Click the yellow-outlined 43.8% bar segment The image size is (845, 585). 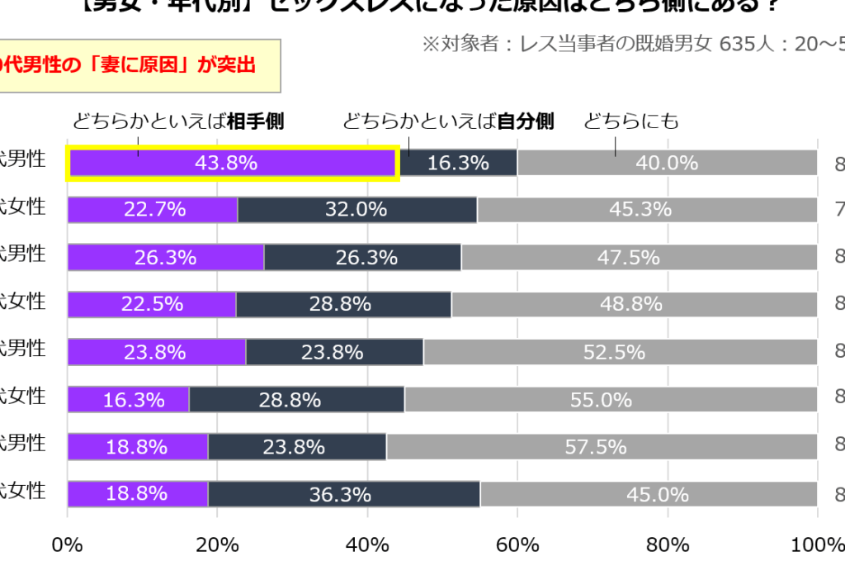(x=233, y=163)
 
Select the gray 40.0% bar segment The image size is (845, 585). (x=667, y=163)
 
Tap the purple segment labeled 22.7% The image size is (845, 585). (x=153, y=210)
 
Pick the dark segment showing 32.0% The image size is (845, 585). (x=356, y=210)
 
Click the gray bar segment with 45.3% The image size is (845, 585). (x=647, y=210)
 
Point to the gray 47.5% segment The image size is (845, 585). (x=639, y=257)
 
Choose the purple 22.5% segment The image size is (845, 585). (x=152, y=304)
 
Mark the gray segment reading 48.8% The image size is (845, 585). (x=634, y=304)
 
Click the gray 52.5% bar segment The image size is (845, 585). (x=620, y=352)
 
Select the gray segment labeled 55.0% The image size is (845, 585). (x=611, y=400)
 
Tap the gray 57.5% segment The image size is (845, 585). (x=601, y=447)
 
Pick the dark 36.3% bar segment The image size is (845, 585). (x=343, y=494)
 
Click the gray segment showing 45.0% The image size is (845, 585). (x=649, y=494)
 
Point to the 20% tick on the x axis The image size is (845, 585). (x=217, y=545)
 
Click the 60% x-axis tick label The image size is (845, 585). (x=517, y=545)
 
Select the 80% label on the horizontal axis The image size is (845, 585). (x=667, y=545)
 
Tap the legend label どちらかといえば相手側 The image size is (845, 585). (x=178, y=121)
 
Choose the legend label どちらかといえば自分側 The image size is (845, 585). (x=448, y=121)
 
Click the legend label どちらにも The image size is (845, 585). (x=631, y=121)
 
